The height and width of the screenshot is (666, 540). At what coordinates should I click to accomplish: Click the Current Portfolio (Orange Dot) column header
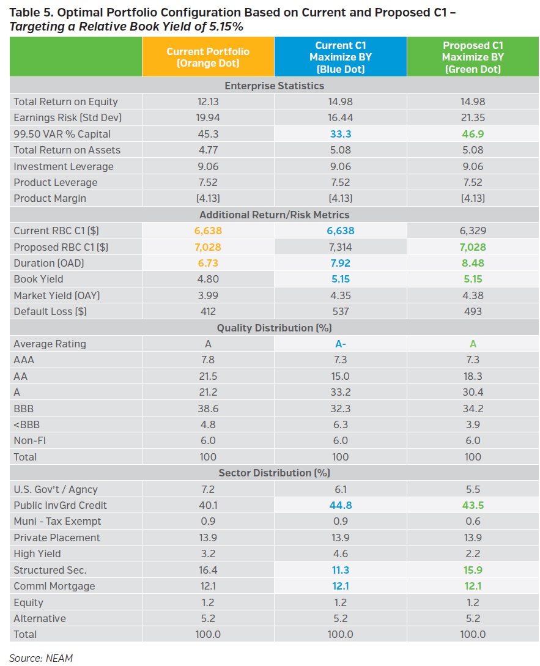(x=208, y=57)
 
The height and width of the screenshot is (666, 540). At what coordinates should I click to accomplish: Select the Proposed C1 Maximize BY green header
(x=473, y=57)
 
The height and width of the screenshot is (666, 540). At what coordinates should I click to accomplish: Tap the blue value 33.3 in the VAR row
(x=340, y=134)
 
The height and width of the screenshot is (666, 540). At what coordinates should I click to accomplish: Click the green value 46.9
(x=473, y=134)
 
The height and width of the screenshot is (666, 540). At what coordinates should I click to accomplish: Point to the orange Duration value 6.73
(x=208, y=263)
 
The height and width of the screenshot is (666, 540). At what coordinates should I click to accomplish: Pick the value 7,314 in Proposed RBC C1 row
(x=340, y=247)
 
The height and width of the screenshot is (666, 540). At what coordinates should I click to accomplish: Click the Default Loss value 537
(x=340, y=311)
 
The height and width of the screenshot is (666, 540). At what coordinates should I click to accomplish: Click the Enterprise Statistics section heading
(x=274, y=86)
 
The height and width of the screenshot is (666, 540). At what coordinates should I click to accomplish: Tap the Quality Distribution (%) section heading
(x=274, y=328)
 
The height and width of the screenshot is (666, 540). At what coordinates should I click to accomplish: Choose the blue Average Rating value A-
(x=340, y=344)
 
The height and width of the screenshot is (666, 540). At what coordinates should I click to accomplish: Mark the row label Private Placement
(x=57, y=538)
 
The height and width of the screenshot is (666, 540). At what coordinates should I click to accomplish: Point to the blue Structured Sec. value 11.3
(x=340, y=570)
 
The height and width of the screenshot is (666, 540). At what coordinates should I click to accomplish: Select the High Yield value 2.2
(x=473, y=553)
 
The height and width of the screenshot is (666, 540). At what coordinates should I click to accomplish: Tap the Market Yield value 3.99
(x=208, y=295)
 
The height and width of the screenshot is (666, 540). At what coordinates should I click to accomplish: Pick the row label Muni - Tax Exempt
(x=57, y=521)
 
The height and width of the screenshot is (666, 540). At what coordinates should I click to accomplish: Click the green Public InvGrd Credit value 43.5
(x=473, y=505)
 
